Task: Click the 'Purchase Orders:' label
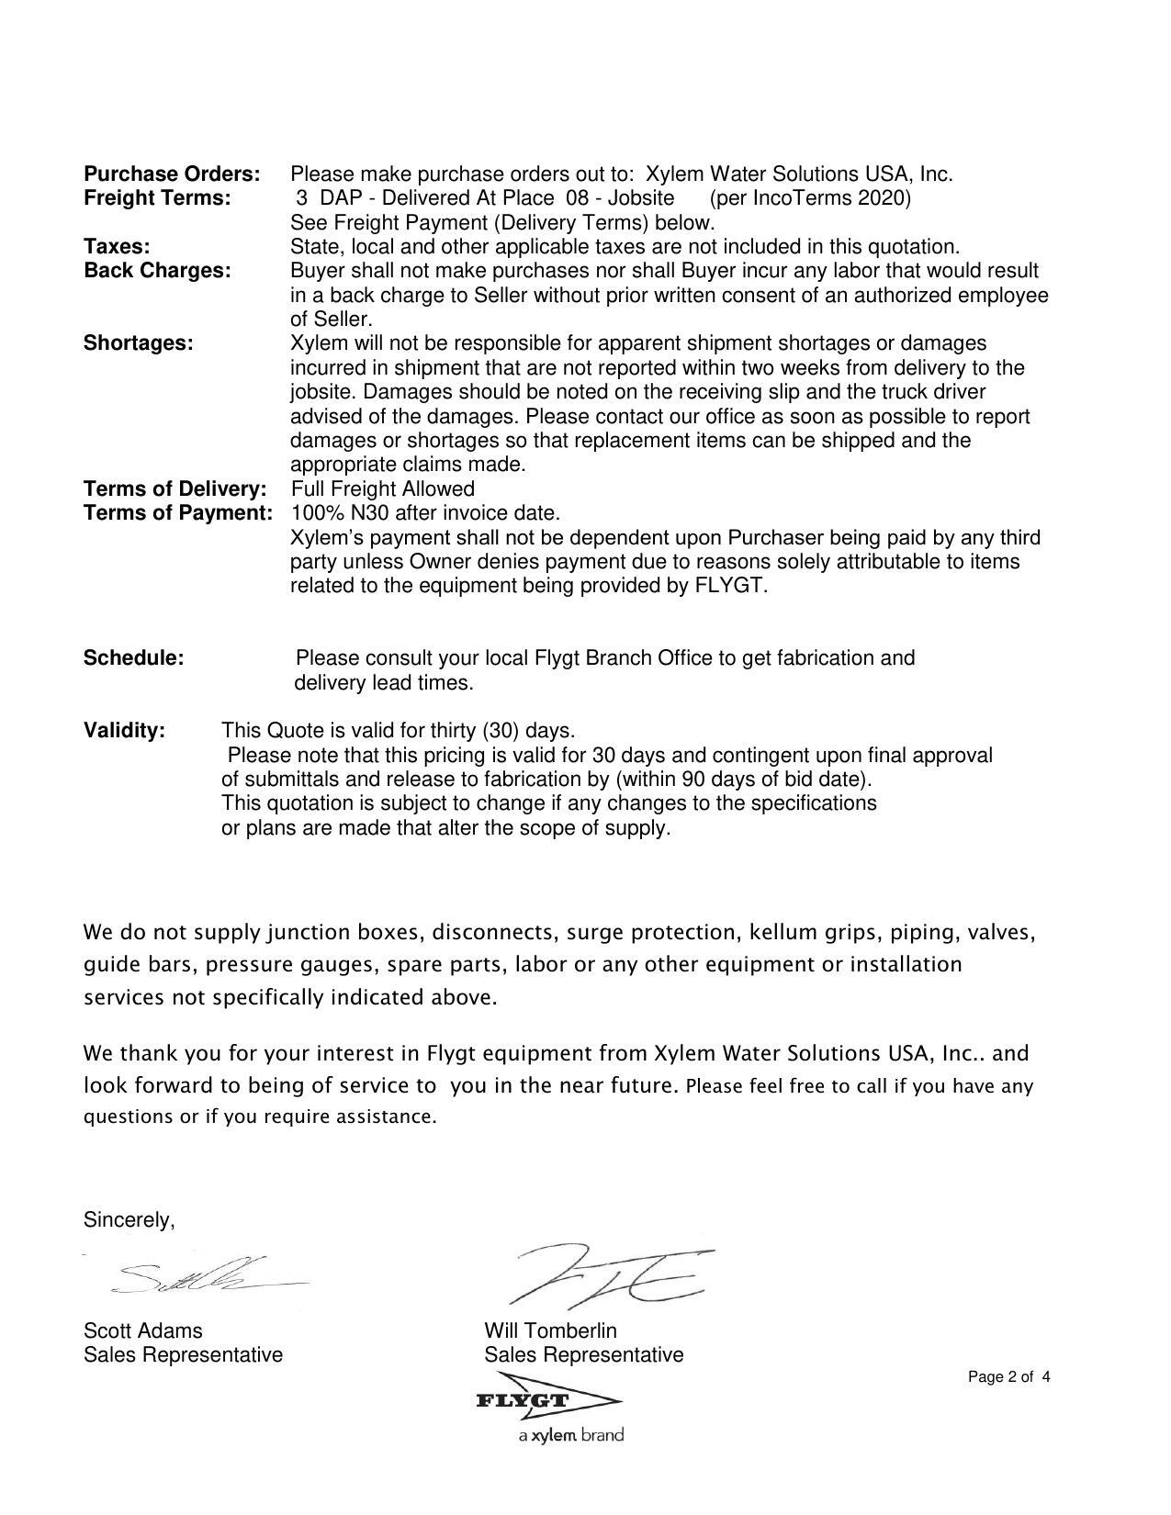pos(172,174)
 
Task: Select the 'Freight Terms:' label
pos(157,198)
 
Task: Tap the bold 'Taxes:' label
pos(117,246)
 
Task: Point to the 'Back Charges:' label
pos(157,271)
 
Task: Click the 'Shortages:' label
pos(138,343)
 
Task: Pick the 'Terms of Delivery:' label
pos(175,488)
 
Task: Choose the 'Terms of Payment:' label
pos(178,512)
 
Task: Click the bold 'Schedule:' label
pos(133,658)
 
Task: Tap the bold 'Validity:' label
pos(124,731)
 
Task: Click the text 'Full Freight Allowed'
pos(382,488)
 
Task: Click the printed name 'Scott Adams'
pos(142,1330)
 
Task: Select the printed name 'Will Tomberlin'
pos(550,1330)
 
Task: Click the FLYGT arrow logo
pos(547,1400)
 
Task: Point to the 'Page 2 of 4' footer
pos(1008,1377)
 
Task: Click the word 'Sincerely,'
pos(129,1220)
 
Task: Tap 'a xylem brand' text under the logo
pos(570,1435)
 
